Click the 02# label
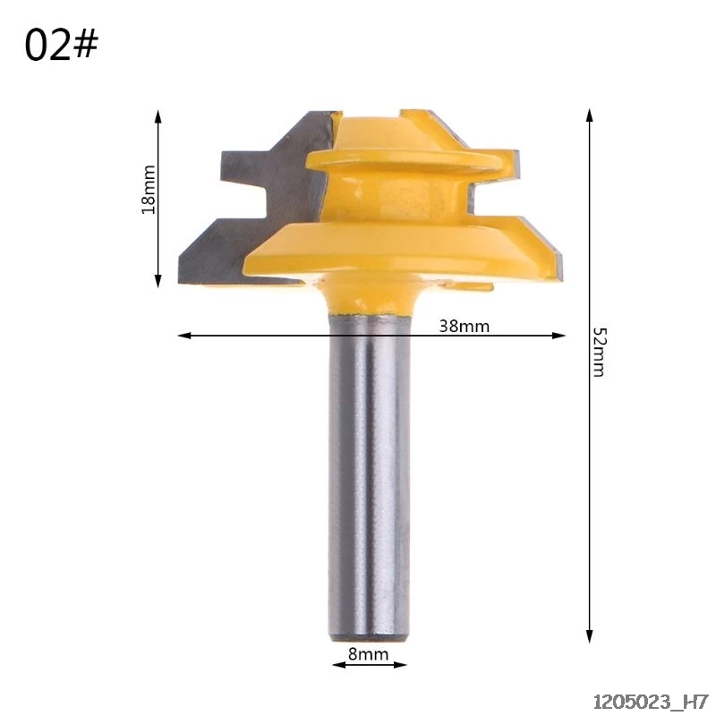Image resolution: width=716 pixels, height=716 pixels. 61,46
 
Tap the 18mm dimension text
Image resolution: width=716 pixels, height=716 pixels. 149,190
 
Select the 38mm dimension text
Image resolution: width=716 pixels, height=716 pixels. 464,326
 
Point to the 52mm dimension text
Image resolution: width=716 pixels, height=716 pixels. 598,352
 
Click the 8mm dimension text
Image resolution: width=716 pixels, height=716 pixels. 369,654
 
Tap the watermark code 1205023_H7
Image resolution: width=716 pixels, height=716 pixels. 651,701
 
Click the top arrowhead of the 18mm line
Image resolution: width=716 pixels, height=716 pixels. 158,116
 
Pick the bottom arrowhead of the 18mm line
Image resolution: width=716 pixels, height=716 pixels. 158,281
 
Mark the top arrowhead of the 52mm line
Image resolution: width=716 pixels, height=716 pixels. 590,115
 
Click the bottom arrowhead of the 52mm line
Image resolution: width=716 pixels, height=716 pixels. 590,636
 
